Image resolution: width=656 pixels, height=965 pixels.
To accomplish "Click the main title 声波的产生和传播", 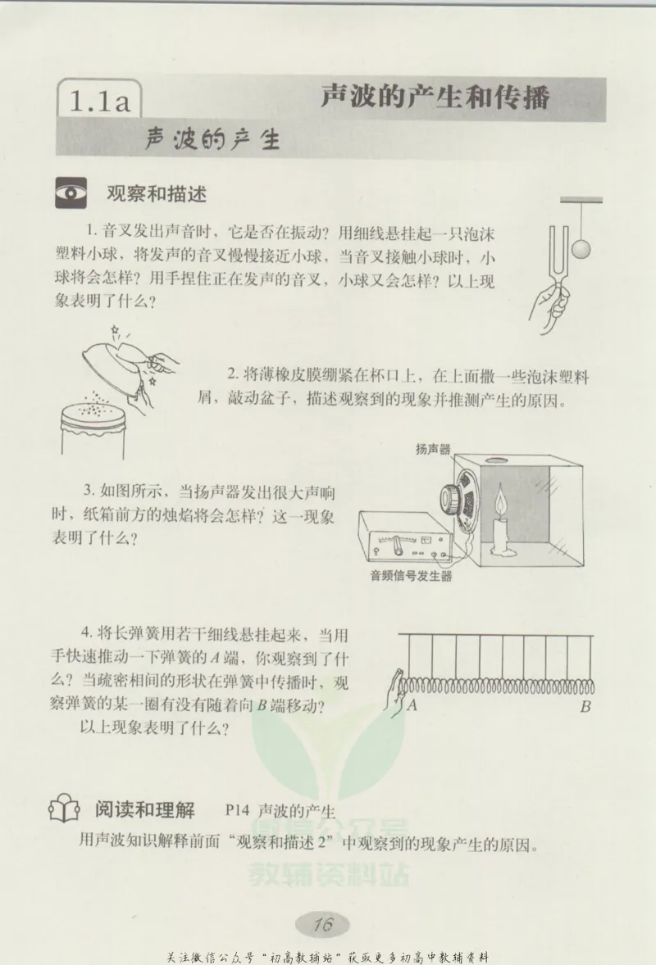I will [x=434, y=97].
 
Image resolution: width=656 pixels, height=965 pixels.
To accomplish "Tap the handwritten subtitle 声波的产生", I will [x=212, y=139].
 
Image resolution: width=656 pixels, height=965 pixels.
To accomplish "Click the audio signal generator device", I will [x=399, y=538].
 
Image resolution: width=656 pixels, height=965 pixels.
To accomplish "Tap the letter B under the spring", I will [x=585, y=706].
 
